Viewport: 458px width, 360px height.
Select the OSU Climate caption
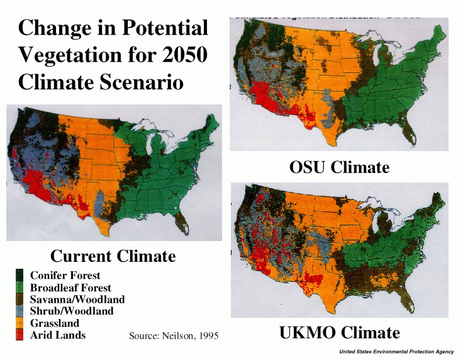(339, 167)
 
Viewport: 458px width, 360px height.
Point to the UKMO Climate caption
(339, 333)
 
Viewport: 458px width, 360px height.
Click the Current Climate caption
(113, 256)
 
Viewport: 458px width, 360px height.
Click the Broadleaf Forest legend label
(70, 288)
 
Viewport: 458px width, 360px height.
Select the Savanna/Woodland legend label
(77, 300)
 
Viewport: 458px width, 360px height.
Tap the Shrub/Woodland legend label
(71, 312)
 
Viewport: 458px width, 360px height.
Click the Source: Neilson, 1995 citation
(173, 335)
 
